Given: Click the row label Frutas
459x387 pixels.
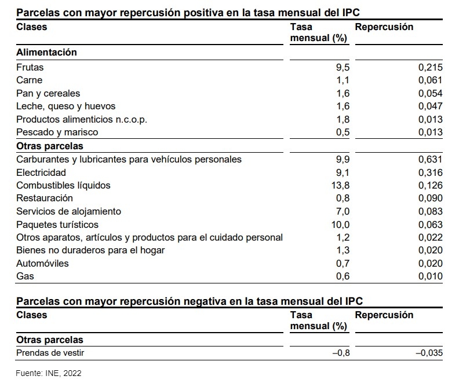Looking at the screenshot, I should [30, 67].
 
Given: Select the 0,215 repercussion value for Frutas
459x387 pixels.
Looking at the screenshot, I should [431, 67].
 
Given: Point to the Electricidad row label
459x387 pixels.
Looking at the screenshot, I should [41, 172].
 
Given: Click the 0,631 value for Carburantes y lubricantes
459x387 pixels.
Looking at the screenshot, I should [431, 159].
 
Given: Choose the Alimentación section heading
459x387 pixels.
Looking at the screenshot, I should [46, 52].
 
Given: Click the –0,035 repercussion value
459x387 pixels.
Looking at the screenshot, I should [429, 353].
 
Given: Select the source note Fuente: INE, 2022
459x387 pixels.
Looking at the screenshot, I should [49, 374].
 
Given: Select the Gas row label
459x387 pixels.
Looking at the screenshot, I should [25, 277].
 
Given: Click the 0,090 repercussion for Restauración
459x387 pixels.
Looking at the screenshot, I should [431, 198].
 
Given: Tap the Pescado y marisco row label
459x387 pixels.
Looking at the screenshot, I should [57, 132].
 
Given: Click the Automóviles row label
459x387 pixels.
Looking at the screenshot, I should [42, 263].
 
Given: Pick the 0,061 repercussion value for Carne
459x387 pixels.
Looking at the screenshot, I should [431, 80].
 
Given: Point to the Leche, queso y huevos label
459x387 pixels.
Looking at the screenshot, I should [66, 106].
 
